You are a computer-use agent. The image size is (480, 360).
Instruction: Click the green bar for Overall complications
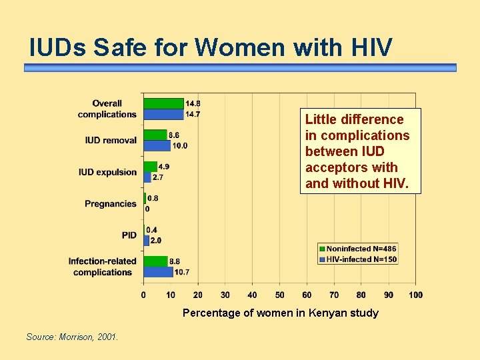coord(164,103)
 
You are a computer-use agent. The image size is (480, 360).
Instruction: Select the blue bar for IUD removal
coord(157,145)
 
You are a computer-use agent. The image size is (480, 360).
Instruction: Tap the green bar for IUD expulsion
coord(151,167)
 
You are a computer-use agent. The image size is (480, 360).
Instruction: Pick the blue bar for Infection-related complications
coord(159,272)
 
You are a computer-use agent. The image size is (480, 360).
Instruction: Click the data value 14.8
coord(193,103)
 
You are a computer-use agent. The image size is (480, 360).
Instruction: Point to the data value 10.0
coord(180,145)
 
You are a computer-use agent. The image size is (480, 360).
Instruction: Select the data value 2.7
coord(158,177)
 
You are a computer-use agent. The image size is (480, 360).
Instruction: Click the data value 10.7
coord(182,272)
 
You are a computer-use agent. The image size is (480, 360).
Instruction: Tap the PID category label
coord(129,235)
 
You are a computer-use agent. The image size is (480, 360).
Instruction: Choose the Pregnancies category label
coord(110,204)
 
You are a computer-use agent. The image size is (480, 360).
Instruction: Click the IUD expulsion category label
coord(107,172)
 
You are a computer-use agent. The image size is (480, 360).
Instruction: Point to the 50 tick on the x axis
coord(279,295)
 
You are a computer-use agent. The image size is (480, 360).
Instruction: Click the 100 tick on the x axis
coord(415,295)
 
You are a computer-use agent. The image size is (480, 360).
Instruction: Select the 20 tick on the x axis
coord(198,295)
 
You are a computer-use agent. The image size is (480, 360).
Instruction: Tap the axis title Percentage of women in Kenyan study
coord(280,313)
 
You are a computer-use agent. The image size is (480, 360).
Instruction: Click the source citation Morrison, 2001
coord(72,337)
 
